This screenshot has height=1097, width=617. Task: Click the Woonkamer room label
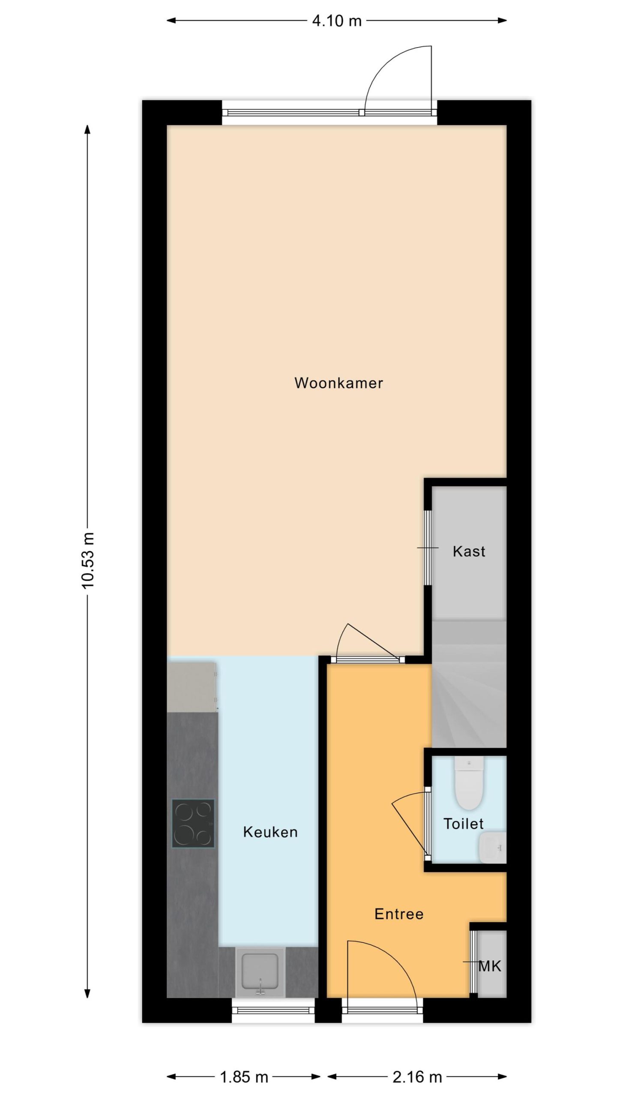click(338, 383)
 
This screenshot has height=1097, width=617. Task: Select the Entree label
click(399, 914)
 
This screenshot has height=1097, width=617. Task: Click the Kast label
click(469, 551)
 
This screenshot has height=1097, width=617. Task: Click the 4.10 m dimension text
click(337, 21)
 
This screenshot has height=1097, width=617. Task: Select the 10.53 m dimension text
click(88, 560)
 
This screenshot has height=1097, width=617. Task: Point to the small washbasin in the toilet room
click(493, 847)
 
